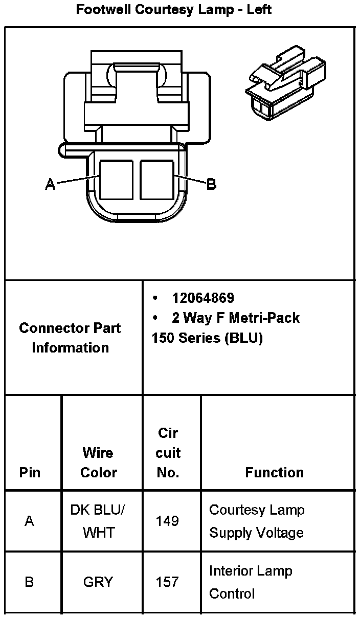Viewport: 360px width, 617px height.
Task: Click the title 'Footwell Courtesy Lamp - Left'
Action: pyautogui.click(x=174, y=9)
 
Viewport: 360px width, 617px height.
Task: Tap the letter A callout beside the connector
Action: pyautogui.click(x=50, y=184)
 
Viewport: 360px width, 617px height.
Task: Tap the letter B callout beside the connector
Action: pyautogui.click(x=211, y=184)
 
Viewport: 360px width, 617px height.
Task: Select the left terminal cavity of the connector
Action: pyautogui.click(x=116, y=180)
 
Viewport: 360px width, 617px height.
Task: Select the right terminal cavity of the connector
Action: pyautogui.click(x=157, y=180)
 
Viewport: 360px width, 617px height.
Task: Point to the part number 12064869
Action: pyautogui.click(x=202, y=298)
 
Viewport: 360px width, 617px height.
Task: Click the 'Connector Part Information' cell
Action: pyautogui.click(x=70, y=338)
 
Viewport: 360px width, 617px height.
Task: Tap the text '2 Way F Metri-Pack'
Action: pyautogui.click(x=235, y=318)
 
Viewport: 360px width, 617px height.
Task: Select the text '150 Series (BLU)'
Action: pyautogui.click(x=207, y=338)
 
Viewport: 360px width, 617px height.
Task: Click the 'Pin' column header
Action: pyautogui.click(x=30, y=472)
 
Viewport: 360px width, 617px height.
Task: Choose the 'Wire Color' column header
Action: pyautogui.click(x=98, y=462)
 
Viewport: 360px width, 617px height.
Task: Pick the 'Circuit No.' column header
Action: pyautogui.click(x=168, y=453)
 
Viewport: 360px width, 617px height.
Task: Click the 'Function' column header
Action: pyautogui.click(x=274, y=472)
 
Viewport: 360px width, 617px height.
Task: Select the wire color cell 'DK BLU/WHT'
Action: pyautogui.click(x=98, y=521)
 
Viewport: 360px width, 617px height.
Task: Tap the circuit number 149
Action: pyautogui.click(x=168, y=521)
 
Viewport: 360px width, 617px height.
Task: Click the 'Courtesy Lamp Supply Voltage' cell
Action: pyautogui.click(x=256, y=521)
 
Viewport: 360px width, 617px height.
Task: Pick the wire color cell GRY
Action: pyautogui.click(x=98, y=582)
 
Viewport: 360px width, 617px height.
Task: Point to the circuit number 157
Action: pyautogui.click(x=168, y=582)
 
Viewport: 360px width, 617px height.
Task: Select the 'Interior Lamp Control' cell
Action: pyautogui.click(x=251, y=582)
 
